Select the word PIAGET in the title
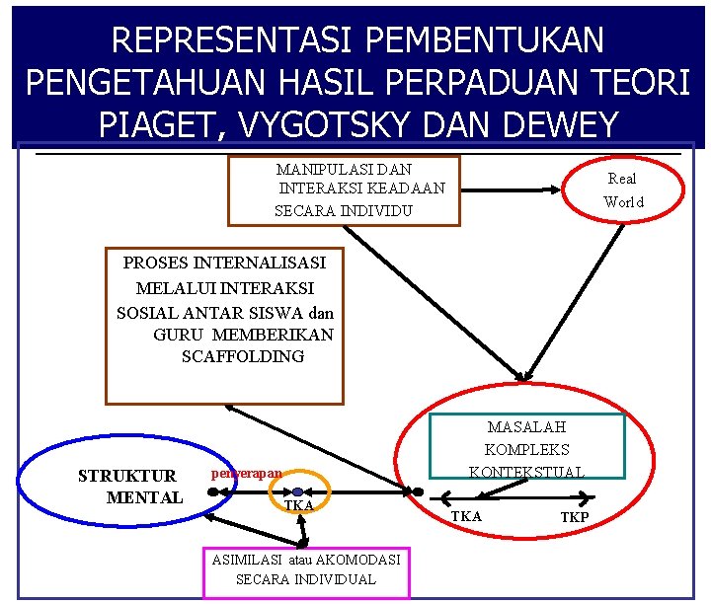coord(154,125)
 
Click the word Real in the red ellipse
coord(622,179)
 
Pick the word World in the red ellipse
coord(623,202)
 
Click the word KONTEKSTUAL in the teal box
coord(526,472)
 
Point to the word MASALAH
coord(526,427)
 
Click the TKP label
coord(574,517)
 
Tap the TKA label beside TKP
coord(466,516)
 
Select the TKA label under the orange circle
coord(298,505)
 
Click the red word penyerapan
coord(246,474)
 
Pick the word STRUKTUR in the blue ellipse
coord(127,476)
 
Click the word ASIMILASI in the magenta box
coord(242,560)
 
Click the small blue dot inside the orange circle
coord(297,491)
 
